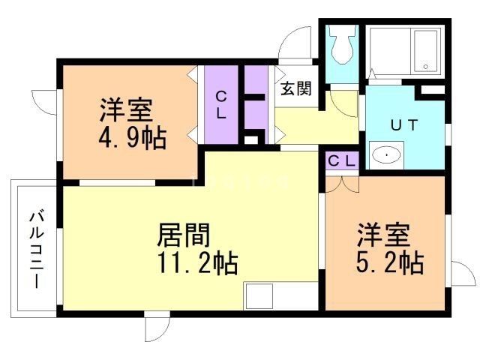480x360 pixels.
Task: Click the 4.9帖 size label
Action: click(x=131, y=138)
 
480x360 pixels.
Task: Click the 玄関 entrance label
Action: click(x=295, y=89)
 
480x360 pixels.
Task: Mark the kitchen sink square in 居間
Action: click(x=263, y=295)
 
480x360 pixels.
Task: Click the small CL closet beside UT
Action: click(x=342, y=161)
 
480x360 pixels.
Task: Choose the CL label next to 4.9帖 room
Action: click(x=222, y=106)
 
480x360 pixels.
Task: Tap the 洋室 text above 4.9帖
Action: click(x=126, y=111)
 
